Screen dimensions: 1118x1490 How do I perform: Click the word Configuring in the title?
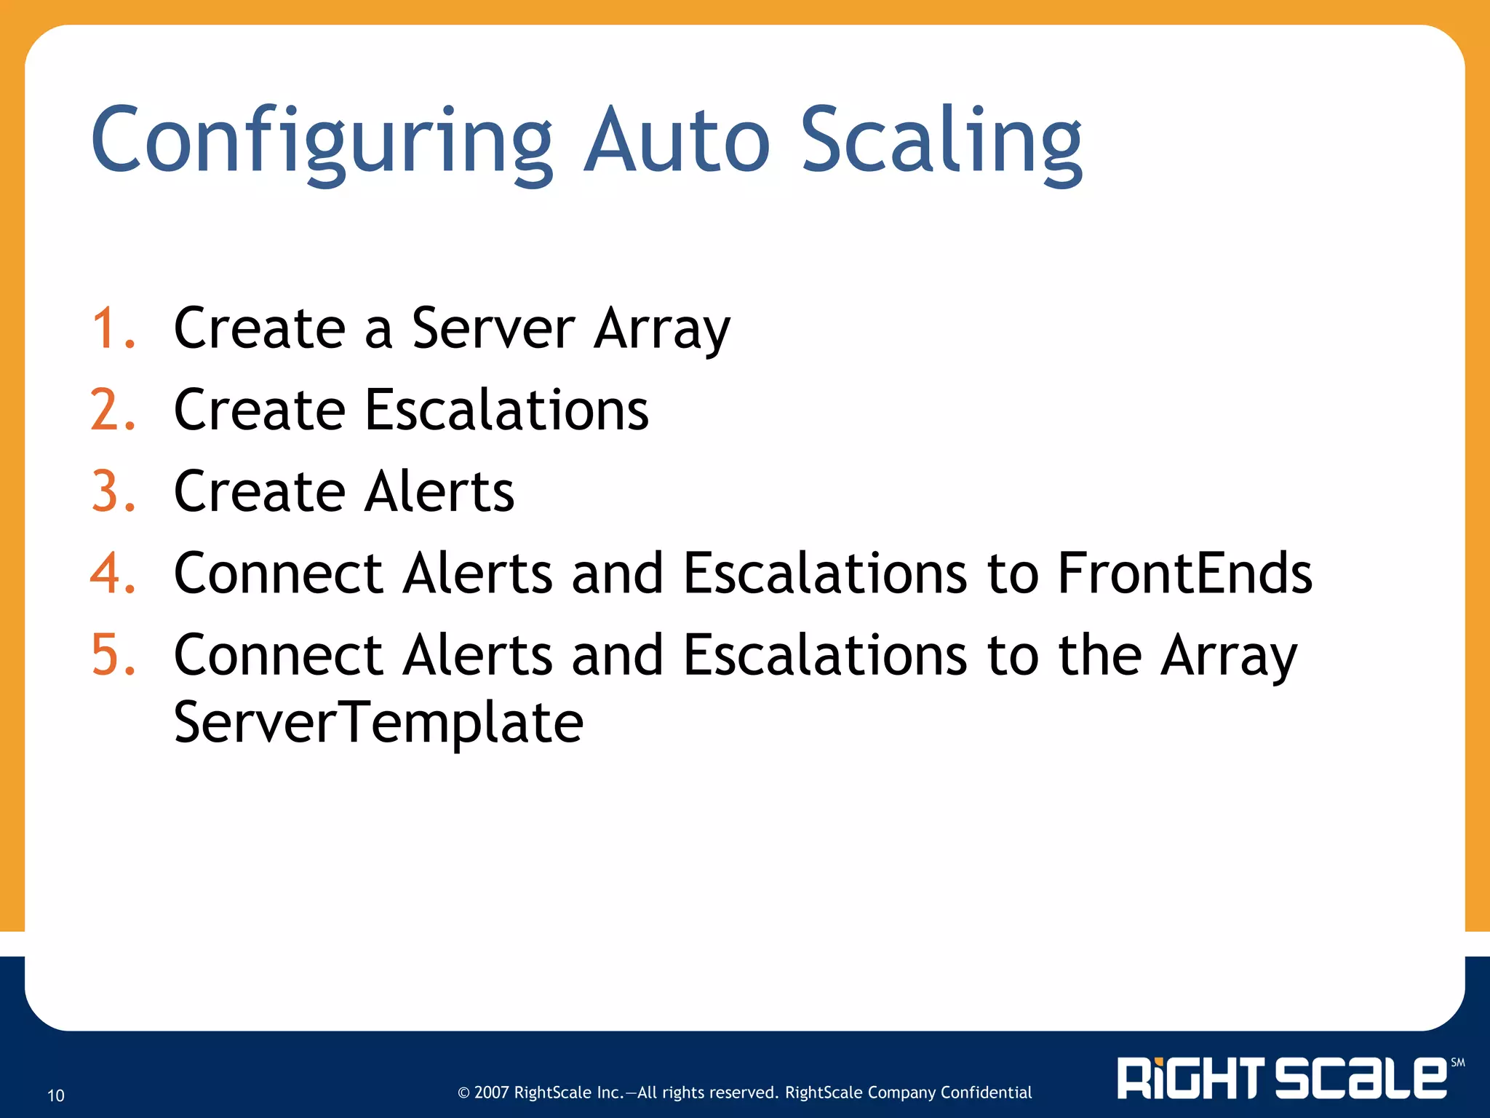click(321, 142)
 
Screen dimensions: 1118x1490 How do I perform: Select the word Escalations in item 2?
click(506, 410)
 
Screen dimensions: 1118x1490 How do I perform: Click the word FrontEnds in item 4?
click(1184, 573)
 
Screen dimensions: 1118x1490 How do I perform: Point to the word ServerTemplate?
click(378, 722)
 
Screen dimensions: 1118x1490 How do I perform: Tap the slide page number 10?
click(56, 1095)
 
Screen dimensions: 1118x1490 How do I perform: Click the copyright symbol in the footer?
click(463, 1093)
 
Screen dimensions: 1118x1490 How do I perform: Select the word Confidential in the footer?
click(986, 1093)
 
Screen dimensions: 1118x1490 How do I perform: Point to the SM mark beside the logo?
click(1457, 1063)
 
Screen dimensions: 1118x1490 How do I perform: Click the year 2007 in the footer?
click(491, 1093)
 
